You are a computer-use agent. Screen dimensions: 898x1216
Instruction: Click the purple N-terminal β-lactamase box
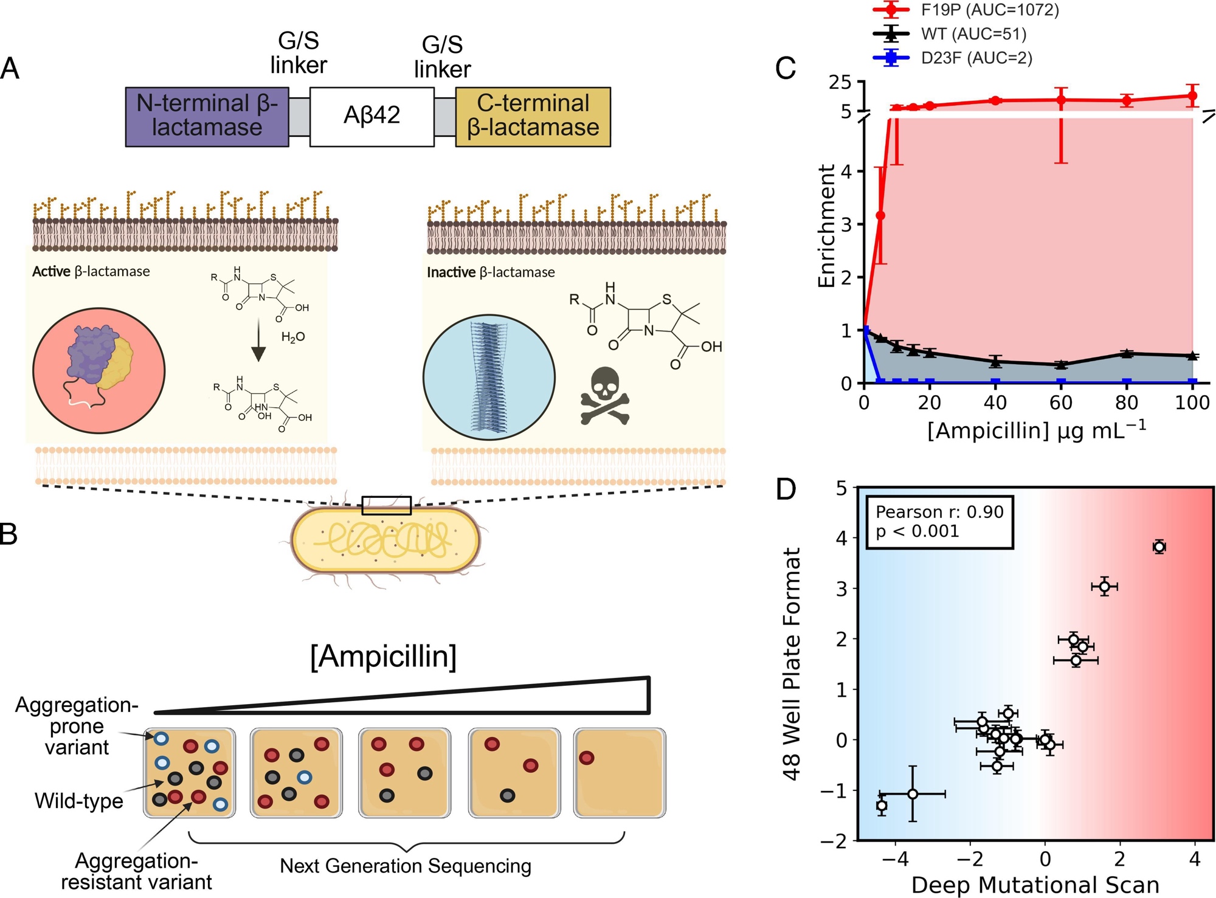207,116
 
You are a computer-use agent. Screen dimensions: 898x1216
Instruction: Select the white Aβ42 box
371,116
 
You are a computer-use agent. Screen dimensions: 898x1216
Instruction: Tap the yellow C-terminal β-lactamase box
533,116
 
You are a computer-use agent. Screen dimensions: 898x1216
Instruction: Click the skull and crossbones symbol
604,395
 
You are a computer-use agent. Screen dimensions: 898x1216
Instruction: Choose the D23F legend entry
952,58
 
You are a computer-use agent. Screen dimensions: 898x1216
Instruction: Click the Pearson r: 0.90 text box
939,522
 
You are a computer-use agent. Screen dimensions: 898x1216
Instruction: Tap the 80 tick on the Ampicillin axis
1126,402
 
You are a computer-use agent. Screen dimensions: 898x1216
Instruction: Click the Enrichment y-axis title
826,226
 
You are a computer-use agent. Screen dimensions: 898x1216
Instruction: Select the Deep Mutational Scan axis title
1035,885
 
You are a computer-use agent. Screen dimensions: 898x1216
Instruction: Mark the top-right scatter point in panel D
1159,547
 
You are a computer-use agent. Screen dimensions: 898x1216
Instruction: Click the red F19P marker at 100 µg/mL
1192,95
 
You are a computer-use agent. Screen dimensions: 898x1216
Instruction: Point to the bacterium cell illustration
385,540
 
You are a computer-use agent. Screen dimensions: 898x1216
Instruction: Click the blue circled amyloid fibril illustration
489,377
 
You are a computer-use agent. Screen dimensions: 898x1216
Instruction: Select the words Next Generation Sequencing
406,865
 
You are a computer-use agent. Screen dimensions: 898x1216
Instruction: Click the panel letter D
786,489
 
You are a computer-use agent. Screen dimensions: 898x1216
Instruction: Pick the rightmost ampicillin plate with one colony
619,773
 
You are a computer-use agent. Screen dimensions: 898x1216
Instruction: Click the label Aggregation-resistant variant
136,871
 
